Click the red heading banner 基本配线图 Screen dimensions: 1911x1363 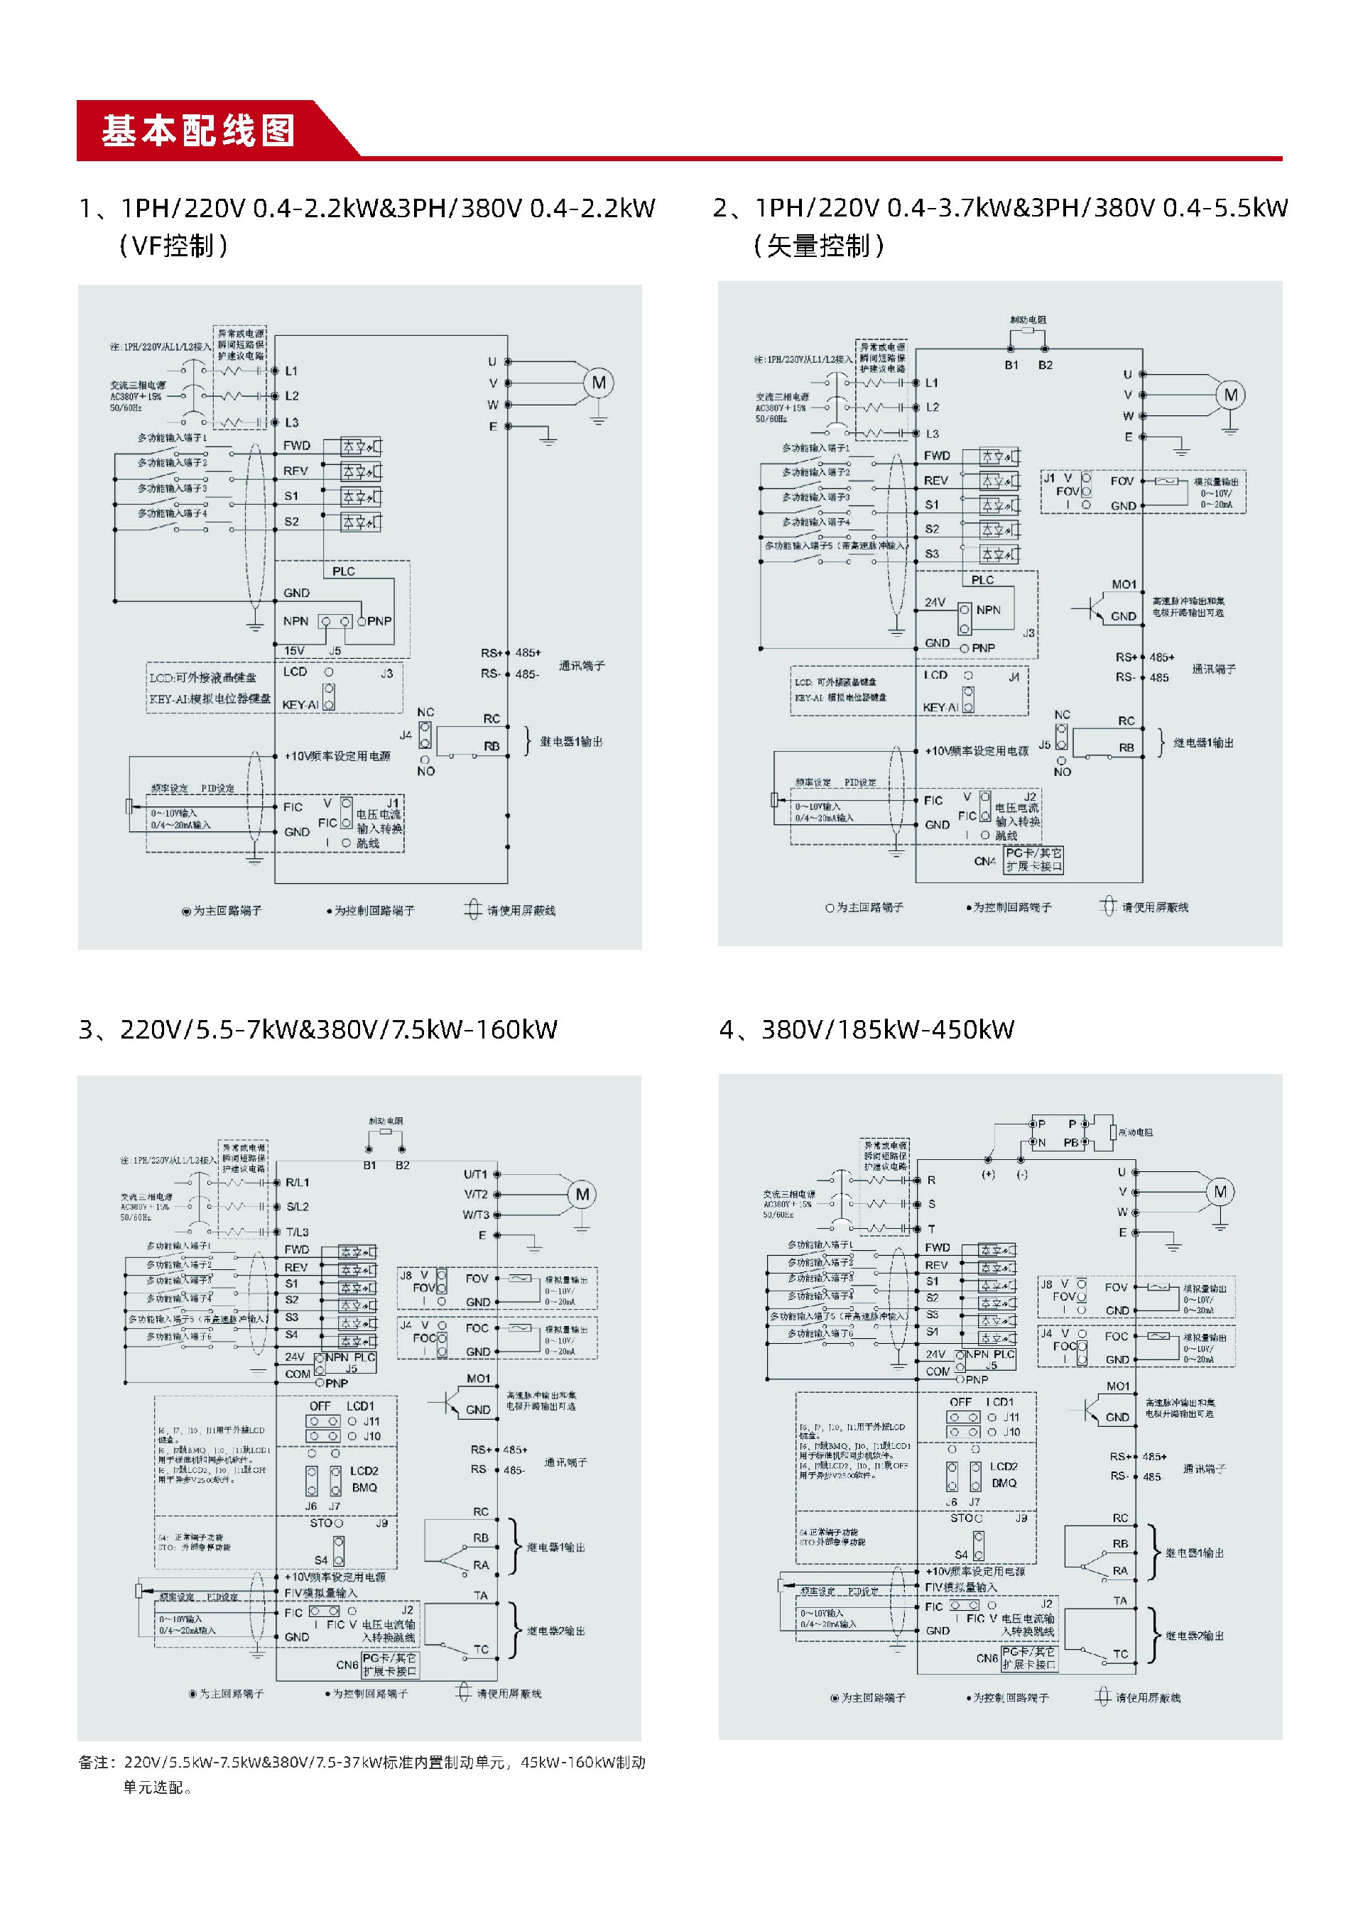[x=199, y=131]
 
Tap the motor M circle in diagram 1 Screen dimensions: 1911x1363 [x=599, y=383]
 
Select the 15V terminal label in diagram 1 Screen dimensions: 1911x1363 [x=294, y=650]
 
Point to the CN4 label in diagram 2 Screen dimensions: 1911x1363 [x=984, y=860]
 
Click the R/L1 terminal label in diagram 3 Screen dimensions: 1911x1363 [x=297, y=1182]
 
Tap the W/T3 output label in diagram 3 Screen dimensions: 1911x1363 [x=476, y=1214]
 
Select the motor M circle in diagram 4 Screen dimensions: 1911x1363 [x=1220, y=1191]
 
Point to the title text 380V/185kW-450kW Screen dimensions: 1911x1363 [x=887, y=1029]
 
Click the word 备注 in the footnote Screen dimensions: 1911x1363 [x=94, y=1762]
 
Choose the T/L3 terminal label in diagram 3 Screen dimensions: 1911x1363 [x=297, y=1232]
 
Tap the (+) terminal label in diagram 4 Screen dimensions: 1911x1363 [x=988, y=1174]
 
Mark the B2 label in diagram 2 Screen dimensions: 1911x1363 [x=1045, y=365]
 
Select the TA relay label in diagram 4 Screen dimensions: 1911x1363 [x=1119, y=1601]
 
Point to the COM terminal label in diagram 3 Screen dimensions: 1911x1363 [x=297, y=1374]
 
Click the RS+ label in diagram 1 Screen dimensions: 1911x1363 [x=491, y=652]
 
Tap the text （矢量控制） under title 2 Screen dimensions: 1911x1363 [x=818, y=246]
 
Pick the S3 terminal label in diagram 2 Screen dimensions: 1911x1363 [x=932, y=554]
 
